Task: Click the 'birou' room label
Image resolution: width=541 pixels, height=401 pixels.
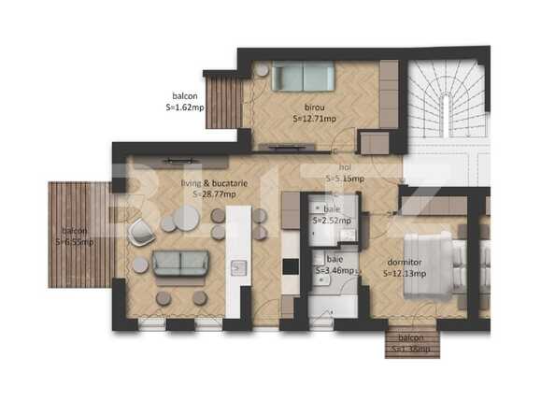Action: pos(316,107)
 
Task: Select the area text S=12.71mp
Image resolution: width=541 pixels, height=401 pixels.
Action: pos(317,120)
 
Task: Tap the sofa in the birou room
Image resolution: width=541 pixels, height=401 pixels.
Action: pos(301,77)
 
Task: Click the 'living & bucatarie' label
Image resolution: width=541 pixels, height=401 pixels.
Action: pos(214,184)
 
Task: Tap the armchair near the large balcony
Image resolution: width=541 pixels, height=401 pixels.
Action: pos(141,231)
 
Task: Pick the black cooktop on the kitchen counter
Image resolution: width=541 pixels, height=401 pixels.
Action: pos(291,266)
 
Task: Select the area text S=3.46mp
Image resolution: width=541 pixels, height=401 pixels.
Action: pos(334,271)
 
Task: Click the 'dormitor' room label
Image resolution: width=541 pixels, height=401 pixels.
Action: pos(404,263)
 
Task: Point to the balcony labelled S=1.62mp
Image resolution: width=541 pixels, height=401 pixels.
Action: pos(223,103)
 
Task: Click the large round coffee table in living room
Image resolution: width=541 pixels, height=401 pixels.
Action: pos(186,219)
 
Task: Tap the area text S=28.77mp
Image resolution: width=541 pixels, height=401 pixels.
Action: pos(214,195)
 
